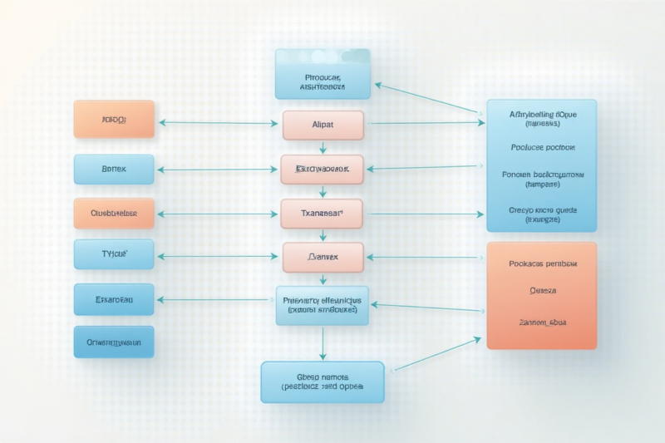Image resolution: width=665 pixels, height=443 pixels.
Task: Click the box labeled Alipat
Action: click(323, 125)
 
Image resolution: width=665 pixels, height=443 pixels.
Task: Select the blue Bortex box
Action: click(114, 169)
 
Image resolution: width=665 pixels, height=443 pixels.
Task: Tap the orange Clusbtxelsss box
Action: click(114, 213)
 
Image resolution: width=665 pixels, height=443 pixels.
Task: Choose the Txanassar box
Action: click(322, 214)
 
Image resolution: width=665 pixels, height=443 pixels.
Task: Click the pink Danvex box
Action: click(323, 258)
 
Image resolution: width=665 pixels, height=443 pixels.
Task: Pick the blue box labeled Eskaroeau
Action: click(114, 299)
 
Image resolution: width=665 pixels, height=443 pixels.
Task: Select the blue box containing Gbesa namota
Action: click(322, 381)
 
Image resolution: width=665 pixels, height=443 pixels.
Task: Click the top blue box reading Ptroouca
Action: click(323, 74)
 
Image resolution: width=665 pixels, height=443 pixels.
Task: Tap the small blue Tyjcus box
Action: click(114, 254)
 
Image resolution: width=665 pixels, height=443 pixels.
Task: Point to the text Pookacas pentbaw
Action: click(542, 263)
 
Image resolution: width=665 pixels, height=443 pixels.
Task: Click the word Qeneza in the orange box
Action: click(542, 292)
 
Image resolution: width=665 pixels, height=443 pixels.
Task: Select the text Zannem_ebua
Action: click(542, 321)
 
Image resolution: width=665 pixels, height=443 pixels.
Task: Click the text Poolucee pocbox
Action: click(542, 147)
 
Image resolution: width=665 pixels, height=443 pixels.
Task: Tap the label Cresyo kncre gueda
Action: click(542, 214)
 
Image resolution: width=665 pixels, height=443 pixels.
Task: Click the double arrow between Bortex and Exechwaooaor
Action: click(218, 170)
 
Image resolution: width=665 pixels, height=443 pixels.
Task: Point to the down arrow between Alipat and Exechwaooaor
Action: click(323, 147)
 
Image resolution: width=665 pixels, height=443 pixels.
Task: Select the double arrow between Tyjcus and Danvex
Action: click(218, 256)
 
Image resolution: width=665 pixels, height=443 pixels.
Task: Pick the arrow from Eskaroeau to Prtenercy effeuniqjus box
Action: click(218, 299)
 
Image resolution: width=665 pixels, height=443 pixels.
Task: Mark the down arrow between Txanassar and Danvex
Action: click(323, 235)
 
